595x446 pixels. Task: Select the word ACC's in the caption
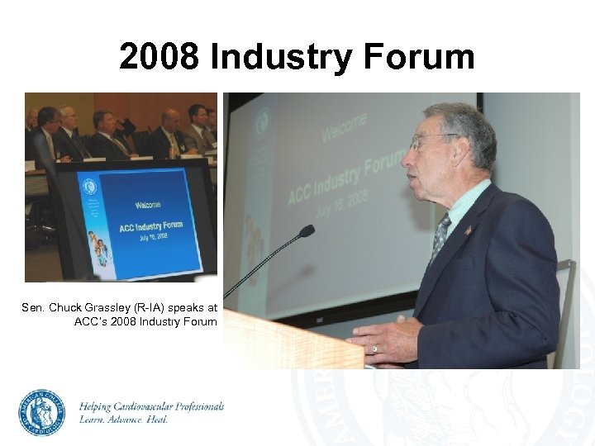coord(91,321)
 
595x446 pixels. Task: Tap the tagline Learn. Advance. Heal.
coord(123,420)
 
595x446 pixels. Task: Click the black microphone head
coord(307,231)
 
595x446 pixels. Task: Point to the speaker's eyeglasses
coord(430,141)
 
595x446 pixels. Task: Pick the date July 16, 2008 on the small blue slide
coord(149,236)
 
